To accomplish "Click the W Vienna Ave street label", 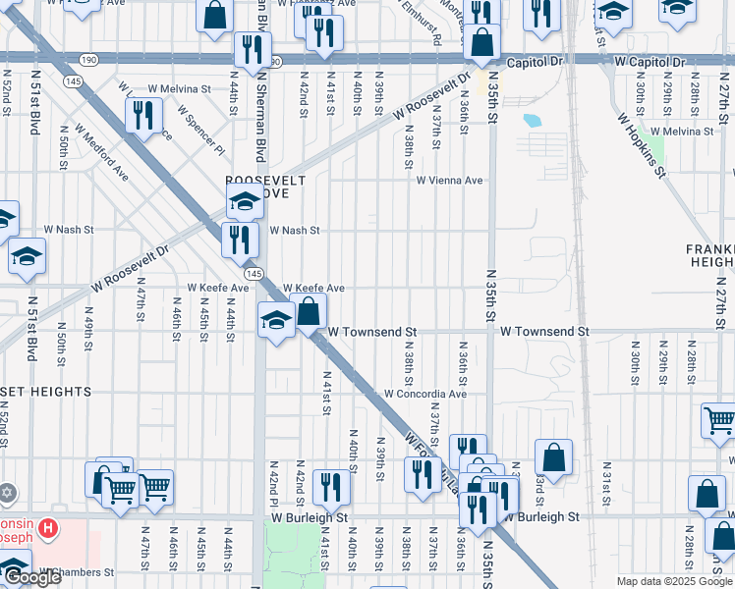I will point(449,181).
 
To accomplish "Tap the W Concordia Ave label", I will point(424,394).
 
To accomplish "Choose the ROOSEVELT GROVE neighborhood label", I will point(265,187).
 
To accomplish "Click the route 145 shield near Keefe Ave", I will point(254,272).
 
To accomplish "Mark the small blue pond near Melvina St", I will point(533,122).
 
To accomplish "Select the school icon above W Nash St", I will point(245,203).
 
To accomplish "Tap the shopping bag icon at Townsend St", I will point(309,312).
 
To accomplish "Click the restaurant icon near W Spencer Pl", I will point(144,115).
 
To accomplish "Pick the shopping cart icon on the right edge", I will point(720,419).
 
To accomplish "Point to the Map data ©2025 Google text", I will point(674,581).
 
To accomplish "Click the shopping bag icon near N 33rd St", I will point(553,456).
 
